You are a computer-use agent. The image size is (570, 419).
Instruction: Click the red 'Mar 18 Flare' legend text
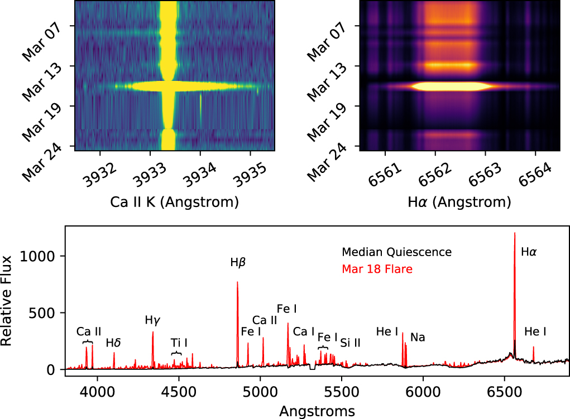tap(377, 269)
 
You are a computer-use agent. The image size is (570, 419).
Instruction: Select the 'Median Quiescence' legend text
tap(396, 252)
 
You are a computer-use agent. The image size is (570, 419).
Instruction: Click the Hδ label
tap(114, 343)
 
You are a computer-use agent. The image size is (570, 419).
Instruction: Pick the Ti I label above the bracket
tap(179, 342)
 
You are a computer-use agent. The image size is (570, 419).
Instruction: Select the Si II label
tap(350, 343)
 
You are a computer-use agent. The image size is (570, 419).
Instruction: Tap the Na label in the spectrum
tap(418, 338)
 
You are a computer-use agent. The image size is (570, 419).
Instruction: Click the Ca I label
tap(304, 331)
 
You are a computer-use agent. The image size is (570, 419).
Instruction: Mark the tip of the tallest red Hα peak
tap(515, 233)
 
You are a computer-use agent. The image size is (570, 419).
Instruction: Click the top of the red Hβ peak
tap(237, 282)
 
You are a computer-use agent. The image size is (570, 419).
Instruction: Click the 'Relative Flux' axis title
tap(7, 300)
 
